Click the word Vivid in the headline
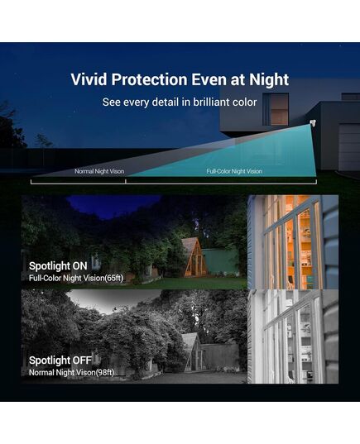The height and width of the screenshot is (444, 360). point(89,79)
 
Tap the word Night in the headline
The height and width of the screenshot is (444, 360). point(269,80)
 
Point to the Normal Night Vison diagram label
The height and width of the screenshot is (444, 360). point(99,171)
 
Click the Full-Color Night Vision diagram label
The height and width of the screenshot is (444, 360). point(234,171)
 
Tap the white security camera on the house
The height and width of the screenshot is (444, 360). point(312,123)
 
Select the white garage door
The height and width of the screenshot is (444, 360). point(349,148)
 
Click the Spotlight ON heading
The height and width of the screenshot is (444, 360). point(58,266)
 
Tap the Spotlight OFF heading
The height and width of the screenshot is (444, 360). point(60,360)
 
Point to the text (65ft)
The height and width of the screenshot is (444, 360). point(114,278)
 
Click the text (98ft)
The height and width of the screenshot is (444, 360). point(105,372)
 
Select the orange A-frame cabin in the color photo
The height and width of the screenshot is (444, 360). point(194,257)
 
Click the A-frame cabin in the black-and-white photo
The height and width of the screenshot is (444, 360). point(194,352)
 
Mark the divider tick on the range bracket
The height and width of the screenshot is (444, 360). point(125,180)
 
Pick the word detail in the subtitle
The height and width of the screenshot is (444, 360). point(166,102)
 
